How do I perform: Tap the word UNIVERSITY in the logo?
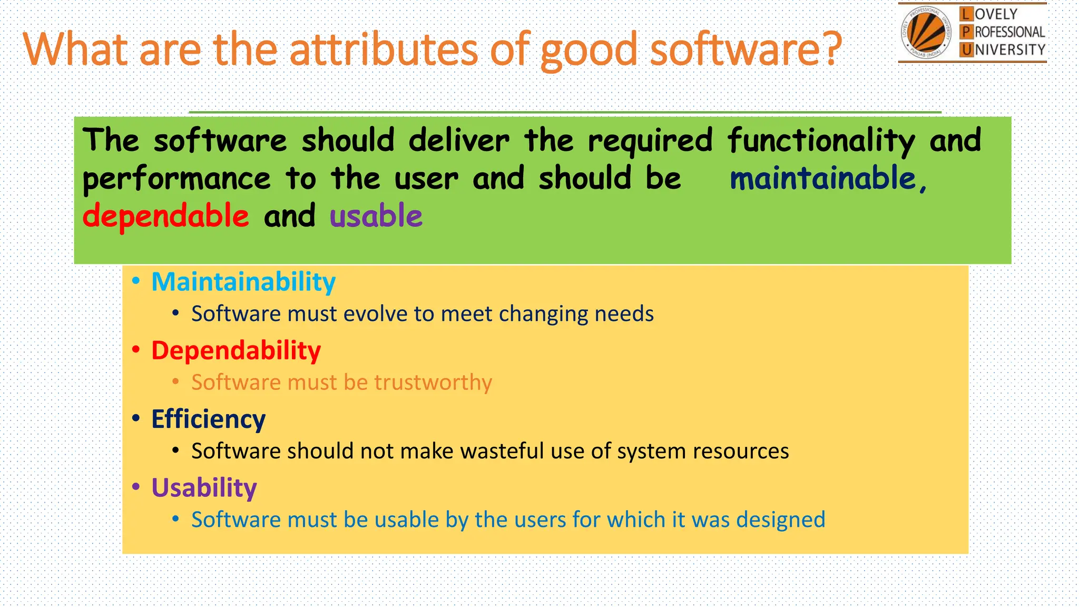point(1009,50)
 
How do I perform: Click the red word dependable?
point(165,217)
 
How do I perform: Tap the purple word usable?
point(376,217)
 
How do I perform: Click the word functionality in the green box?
point(821,141)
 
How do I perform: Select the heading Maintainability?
point(243,282)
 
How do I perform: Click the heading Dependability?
point(236,351)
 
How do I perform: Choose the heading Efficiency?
point(208,419)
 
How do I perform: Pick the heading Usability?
point(204,488)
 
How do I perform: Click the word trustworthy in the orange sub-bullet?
point(433,383)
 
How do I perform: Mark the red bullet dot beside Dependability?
point(136,349)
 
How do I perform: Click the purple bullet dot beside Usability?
point(136,487)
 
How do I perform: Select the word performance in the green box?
point(176,179)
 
